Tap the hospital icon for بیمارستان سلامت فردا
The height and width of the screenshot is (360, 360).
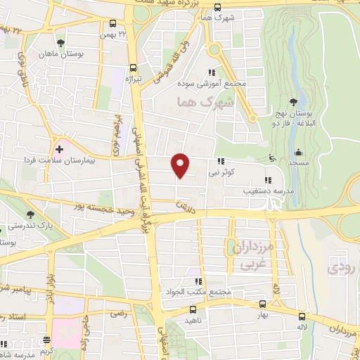[x=60, y=148]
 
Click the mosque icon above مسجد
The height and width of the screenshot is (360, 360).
[x=298, y=152]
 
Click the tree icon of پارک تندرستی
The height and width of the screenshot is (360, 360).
[x=29, y=214]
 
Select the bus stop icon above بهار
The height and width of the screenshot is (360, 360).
[x=262, y=304]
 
